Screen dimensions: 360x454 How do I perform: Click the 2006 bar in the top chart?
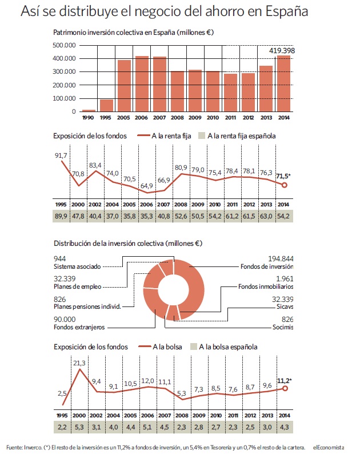click(x=142, y=83)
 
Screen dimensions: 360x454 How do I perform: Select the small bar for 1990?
click(x=89, y=110)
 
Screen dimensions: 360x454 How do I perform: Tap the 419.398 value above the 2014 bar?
click(x=282, y=51)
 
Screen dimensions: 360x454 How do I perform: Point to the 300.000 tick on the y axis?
click(x=64, y=71)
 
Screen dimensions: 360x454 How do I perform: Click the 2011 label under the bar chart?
click(x=230, y=118)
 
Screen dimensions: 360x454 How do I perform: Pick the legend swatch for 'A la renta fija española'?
click(x=202, y=136)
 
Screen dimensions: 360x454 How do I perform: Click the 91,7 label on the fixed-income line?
click(x=61, y=156)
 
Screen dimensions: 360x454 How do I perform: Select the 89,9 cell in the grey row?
click(x=61, y=216)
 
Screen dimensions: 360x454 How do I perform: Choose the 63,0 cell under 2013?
click(x=266, y=216)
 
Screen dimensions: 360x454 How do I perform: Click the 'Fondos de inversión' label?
click(x=267, y=266)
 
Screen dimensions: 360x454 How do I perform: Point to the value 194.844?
click(x=281, y=258)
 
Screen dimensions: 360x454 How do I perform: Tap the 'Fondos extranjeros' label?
click(x=79, y=327)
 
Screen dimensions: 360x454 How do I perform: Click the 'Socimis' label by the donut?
click(x=283, y=327)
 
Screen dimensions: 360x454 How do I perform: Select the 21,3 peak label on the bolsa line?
click(x=79, y=363)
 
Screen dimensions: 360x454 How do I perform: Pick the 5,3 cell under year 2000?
click(x=79, y=427)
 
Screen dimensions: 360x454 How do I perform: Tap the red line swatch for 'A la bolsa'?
click(x=145, y=347)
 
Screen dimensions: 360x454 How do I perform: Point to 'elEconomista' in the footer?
click(x=329, y=448)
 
